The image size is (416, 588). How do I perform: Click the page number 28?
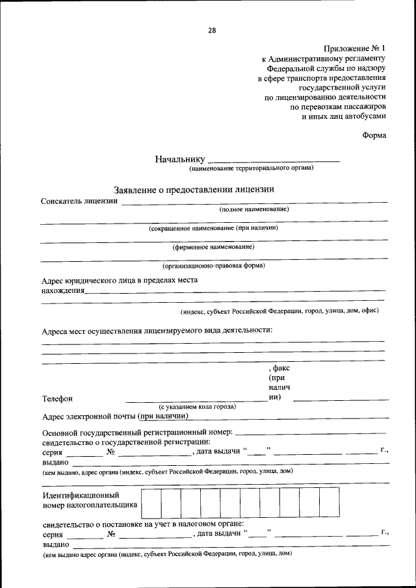212,30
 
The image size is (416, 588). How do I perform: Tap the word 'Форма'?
374,135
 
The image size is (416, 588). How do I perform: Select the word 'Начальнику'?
180,159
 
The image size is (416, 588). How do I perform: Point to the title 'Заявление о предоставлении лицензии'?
194,189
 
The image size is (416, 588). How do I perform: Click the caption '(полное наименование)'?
253,209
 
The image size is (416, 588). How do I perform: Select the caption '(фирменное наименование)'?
213,247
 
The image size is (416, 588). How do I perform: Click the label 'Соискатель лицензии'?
79,201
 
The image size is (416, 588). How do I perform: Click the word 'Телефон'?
58,398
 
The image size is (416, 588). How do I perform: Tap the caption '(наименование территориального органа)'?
252,168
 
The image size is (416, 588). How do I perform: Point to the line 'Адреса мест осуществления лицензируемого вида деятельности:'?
157,329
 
